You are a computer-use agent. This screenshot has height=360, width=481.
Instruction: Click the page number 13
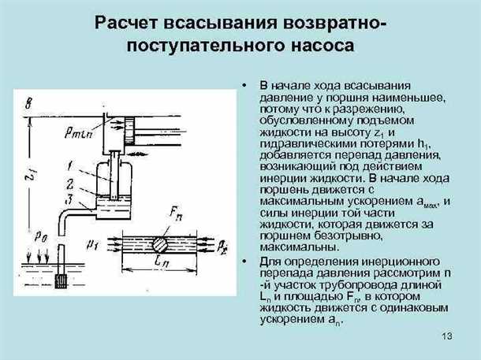pos(447,338)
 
